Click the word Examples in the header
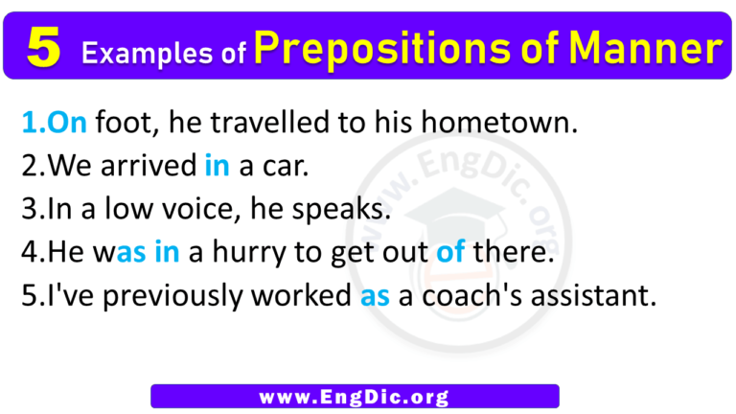[x=138, y=55]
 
